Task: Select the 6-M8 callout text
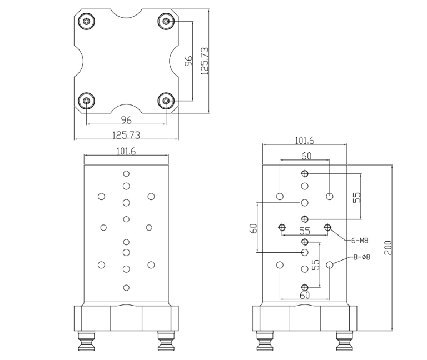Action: pyautogui.click(x=360, y=241)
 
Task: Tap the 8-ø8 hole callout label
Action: pyautogui.click(x=361, y=257)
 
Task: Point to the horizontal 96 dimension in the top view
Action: pyautogui.click(x=126, y=119)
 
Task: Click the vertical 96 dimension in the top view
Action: pyautogui.click(x=188, y=61)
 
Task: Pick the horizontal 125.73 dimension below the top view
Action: pyautogui.click(x=126, y=134)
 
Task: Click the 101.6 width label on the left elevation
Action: pyautogui.click(x=126, y=151)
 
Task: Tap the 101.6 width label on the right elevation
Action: pyautogui.click(x=305, y=141)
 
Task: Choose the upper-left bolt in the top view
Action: pyautogui.click(x=87, y=22)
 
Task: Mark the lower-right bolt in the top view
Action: pyautogui.click(x=166, y=101)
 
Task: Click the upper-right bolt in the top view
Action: pyautogui.click(x=166, y=22)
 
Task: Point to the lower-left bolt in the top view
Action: pyautogui.click(x=87, y=101)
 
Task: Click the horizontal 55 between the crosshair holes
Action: pyautogui.click(x=304, y=231)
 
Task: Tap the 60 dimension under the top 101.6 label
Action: pyautogui.click(x=306, y=156)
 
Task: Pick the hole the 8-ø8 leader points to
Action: pyautogui.click(x=330, y=265)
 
